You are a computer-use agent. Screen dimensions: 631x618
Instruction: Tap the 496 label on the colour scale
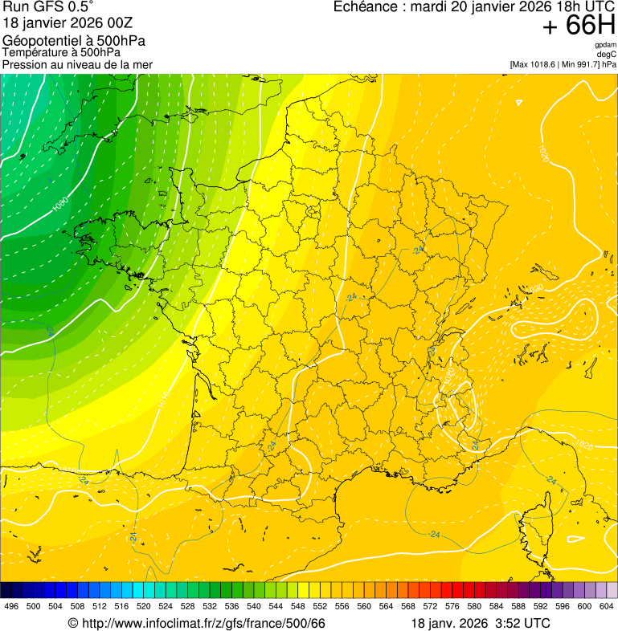click(x=11, y=605)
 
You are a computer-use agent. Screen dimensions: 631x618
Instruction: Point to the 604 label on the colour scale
click(x=607, y=605)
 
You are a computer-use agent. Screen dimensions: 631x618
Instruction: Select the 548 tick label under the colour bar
click(x=298, y=605)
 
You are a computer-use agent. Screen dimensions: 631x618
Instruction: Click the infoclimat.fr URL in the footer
click(x=204, y=623)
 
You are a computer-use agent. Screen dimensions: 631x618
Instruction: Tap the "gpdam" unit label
click(x=605, y=45)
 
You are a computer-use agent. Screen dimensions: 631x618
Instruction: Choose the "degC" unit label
click(x=607, y=54)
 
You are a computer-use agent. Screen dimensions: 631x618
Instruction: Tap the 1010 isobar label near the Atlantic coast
click(x=165, y=398)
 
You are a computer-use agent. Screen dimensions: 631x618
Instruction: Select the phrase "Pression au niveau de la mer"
click(x=77, y=64)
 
